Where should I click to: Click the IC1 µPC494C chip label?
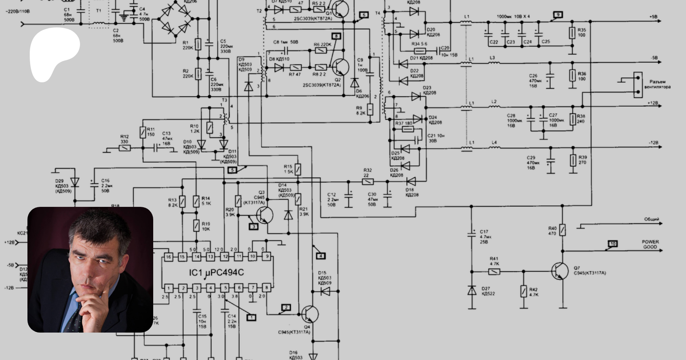click(x=216, y=273)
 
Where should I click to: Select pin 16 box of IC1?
click(x=168, y=257)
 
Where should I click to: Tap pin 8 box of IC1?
click(x=266, y=288)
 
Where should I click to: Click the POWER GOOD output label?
click(x=650, y=244)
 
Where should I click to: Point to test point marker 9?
click(x=558, y=15)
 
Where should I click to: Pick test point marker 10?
click(x=613, y=244)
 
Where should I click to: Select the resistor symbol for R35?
click(x=572, y=33)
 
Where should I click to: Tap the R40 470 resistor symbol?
click(x=563, y=230)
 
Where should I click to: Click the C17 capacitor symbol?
click(x=472, y=234)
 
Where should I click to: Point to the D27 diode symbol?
click(x=472, y=291)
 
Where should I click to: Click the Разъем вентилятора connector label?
click(x=657, y=84)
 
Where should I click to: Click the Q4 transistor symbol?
click(x=309, y=314)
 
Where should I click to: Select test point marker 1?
click(x=251, y=317)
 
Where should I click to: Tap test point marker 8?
click(x=336, y=36)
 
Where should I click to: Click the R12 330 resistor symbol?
click(x=125, y=148)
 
